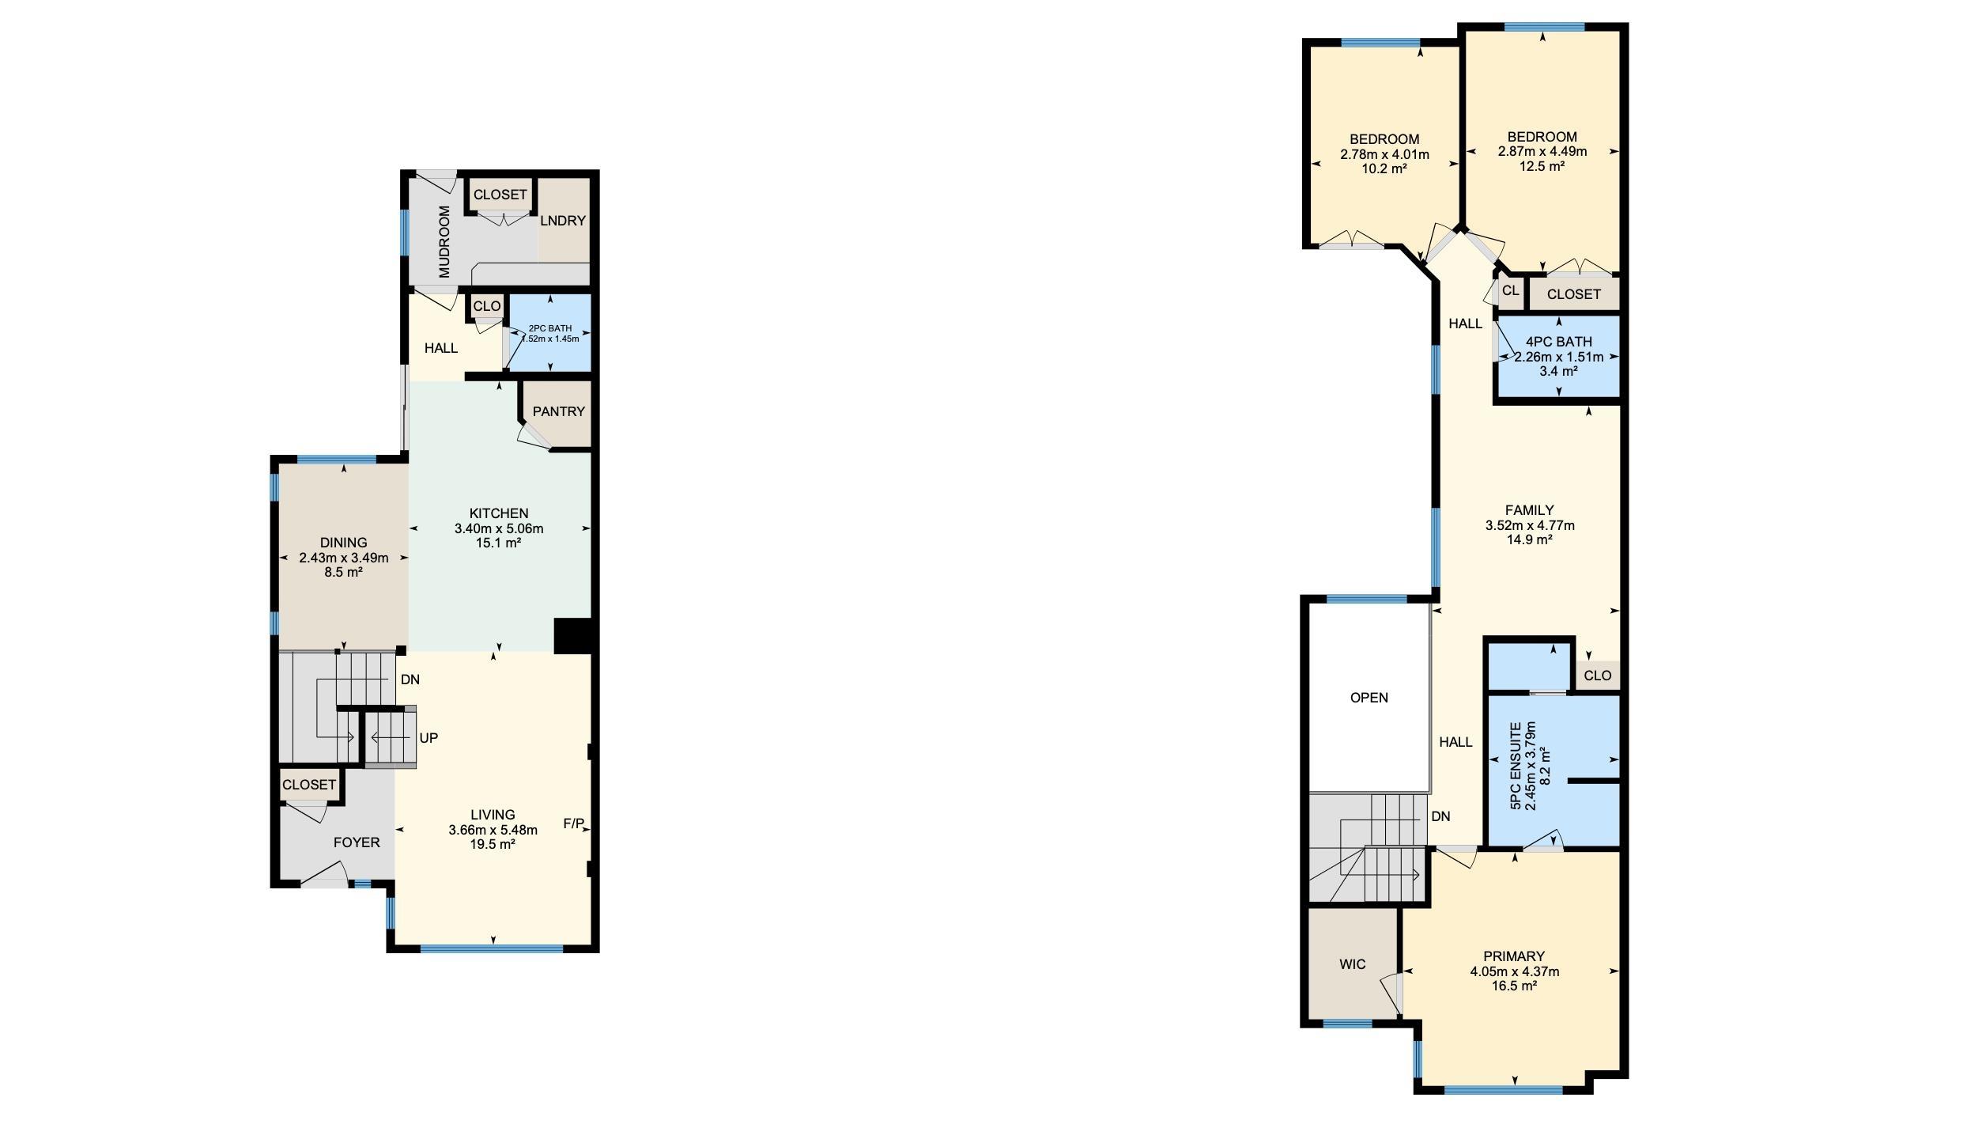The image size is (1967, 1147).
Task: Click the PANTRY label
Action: (558, 411)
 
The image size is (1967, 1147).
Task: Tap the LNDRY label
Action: (563, 221)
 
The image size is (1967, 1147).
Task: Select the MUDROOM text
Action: (444, 241)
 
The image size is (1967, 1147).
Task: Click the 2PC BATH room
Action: (549, 333)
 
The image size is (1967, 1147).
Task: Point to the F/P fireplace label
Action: (574, 823)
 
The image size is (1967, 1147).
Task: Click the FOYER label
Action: (357, 842)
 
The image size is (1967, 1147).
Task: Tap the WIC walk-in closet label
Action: (1353, 964)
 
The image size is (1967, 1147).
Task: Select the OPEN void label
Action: (1369, 698)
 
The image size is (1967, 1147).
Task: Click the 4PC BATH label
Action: (1559, 342)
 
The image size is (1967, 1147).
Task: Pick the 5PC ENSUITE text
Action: (1516, 765)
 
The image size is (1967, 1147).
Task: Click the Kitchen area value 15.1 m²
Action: (499, 543)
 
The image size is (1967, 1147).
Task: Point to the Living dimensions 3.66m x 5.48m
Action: (493, 830)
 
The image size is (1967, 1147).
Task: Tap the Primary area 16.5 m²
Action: (1514, 986)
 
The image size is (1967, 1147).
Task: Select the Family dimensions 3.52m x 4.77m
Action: (1530, 525)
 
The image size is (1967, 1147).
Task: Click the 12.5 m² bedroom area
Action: (1542, 166)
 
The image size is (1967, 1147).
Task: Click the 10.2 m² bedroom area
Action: (1384, 168)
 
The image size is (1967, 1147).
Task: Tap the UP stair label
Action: (429, 738)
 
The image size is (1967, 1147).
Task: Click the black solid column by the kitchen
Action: (573, 636)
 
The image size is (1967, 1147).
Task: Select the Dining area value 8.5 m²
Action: (344, 572)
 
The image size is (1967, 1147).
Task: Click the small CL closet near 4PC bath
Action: (1510, 290)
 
